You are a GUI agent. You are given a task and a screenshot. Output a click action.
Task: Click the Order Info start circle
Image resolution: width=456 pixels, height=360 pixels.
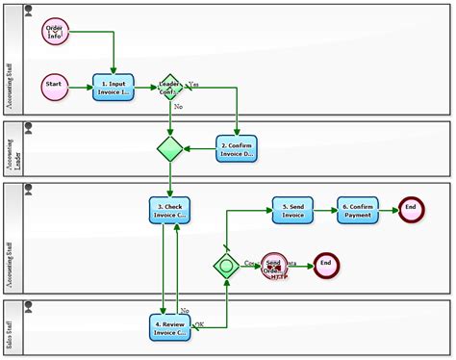[55, 32]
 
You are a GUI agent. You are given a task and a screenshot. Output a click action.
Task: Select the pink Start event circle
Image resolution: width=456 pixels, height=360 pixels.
[55, 86]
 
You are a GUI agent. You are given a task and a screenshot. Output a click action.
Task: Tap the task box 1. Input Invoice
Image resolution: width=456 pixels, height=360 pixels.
[113, 87]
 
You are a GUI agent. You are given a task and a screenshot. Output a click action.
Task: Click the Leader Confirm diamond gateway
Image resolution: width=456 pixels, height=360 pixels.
[170, 87]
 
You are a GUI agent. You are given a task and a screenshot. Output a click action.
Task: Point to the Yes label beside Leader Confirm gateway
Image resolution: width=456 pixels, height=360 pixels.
[193, 83]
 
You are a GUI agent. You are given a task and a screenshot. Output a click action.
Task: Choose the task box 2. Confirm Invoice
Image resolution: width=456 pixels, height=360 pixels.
[235, 148]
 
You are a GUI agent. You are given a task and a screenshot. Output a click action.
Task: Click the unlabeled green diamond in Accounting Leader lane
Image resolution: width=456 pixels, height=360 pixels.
[170, 148]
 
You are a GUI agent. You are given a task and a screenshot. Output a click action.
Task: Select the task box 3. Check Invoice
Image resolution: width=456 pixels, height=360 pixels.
[169, 210]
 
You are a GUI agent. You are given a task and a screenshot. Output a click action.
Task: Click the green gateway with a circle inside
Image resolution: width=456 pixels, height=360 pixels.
[227, 264]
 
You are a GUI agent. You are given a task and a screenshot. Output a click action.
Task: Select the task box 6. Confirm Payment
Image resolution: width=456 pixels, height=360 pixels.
[357, 210]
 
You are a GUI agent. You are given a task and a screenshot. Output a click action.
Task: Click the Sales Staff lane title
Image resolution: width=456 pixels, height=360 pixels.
[12, 328]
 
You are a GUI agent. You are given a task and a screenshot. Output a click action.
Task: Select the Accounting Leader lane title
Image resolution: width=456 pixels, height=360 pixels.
[12, 149]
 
